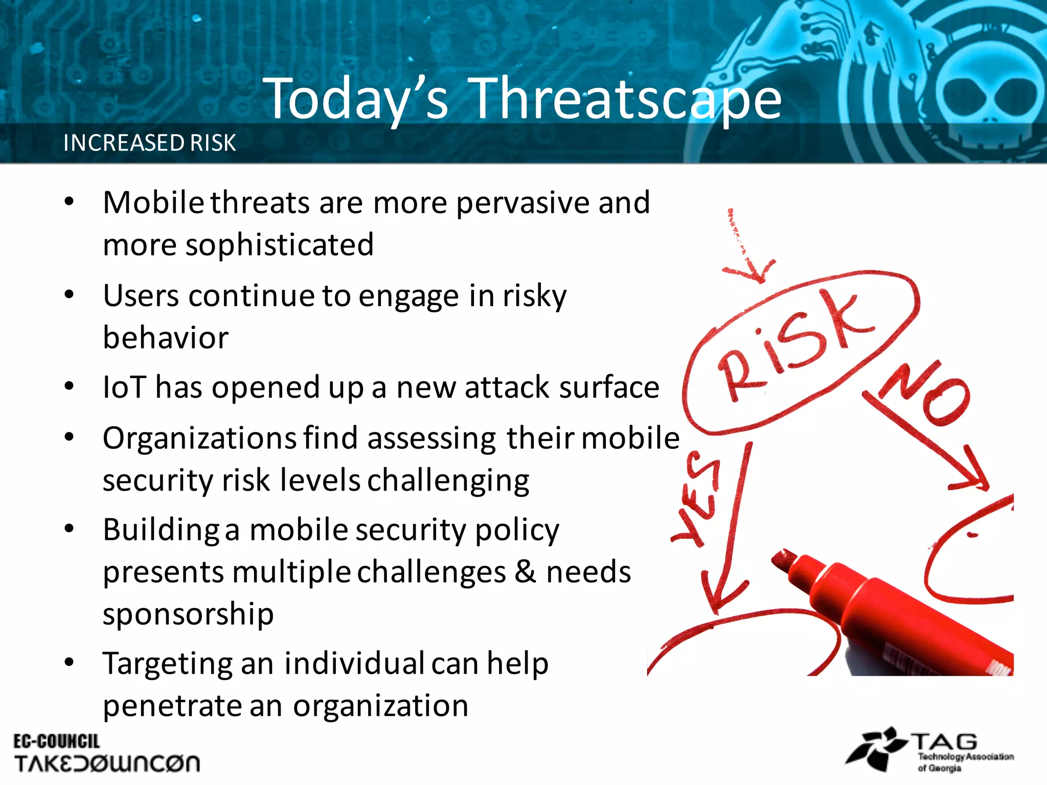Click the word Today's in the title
(x=356, y=98)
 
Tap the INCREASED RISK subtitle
(x=149, y=143)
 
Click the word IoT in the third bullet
(x=124, y=387)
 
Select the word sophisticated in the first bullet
(x=279, y=245)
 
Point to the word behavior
(x=166, y=338)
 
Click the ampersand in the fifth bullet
(x=525, y=571)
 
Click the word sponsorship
(x=188, y=614)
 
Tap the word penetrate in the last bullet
(x=171, y=706)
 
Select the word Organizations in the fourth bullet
(x=199, y=438)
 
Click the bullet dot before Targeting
(x=70, y=662)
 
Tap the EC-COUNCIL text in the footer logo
(x=56, y=741)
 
